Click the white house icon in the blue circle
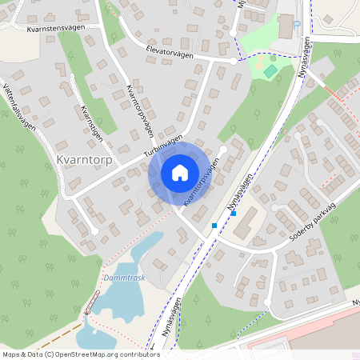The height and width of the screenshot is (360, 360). (180, 173)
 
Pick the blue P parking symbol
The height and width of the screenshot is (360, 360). (297, 25)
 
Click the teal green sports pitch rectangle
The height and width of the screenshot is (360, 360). (271, 71)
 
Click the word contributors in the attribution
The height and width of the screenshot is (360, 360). (138, 354)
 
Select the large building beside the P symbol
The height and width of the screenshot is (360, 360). (286, 25)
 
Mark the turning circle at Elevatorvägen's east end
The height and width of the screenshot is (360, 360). (234, 61)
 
